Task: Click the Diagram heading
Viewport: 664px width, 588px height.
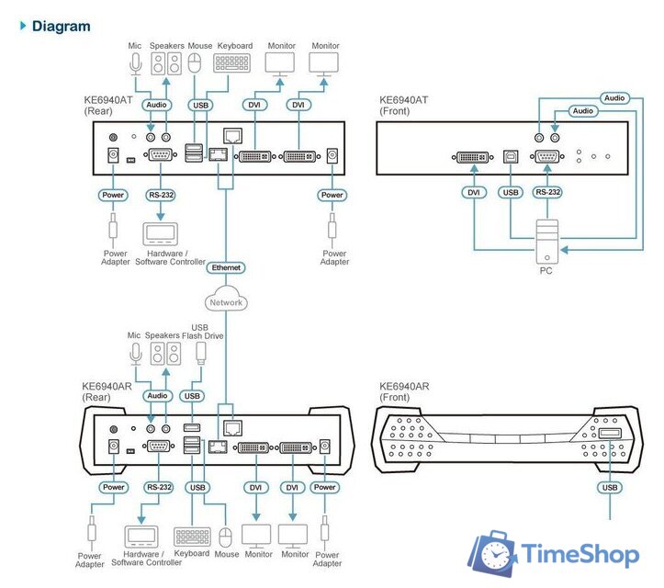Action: coord(61,26)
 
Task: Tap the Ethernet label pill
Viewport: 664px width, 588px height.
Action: coord(225,267)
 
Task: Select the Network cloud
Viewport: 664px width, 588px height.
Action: coord(226,301)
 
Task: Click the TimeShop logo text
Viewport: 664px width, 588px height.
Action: coord(580,554)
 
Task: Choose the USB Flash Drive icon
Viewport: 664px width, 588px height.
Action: coord(200,354)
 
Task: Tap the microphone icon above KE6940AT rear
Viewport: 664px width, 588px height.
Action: coord(136,64)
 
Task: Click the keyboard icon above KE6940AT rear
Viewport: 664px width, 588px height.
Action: coord(231,63)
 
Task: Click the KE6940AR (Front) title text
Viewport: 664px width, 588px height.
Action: coord(408,393)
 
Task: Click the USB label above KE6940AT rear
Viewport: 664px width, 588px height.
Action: coord(199,105)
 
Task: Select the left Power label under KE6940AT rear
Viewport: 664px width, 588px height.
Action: coord(114,195)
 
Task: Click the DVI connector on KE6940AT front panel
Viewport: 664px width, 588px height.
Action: coord(475,156)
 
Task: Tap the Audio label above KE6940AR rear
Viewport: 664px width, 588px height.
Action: coord(158,396)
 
